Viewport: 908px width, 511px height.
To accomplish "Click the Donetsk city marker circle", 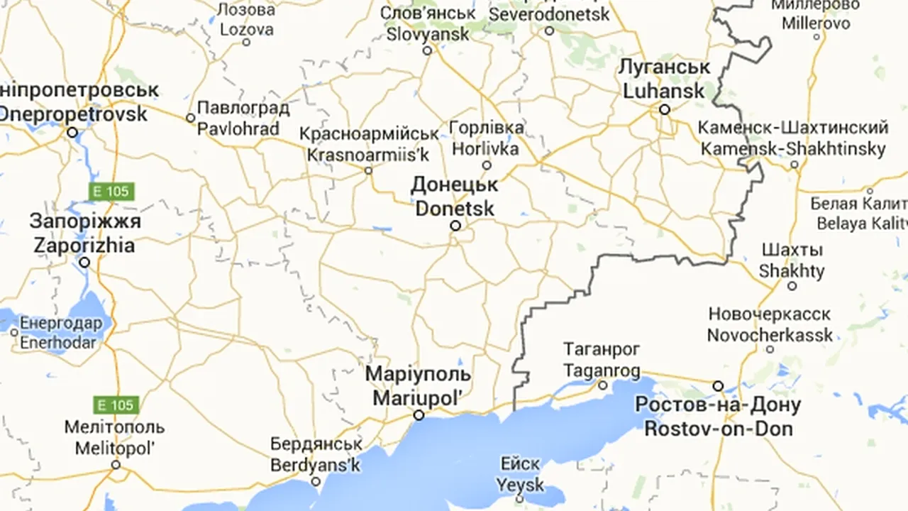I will click(x=455, y=226).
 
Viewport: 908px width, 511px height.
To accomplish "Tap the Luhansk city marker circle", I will click(x=665, y=109).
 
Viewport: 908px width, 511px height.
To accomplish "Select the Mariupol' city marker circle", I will click(x=419, y=415).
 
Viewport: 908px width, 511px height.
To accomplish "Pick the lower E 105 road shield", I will click(x=116, y=405).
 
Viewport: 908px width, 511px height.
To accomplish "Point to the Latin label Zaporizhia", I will click(x=84, y=246).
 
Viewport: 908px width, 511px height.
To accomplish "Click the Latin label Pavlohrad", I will click(x=238, y=129).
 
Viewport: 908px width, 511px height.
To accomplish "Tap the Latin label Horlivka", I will click(x=486, y=149).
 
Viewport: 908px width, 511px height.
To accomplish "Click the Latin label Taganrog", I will click(x=602, y=370).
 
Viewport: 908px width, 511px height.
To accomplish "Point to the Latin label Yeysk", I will click(x=520, y=485).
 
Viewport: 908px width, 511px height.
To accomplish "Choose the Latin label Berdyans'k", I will click(x=316, y=465).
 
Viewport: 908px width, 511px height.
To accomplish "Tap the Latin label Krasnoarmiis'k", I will click(x=368, y=153).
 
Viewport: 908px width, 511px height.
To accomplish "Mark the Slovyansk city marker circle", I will click(x=427, y=50).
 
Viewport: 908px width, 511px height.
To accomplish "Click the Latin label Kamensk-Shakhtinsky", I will click(x=793, y=149).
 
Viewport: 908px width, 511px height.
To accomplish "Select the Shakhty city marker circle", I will click(x=792, y=286).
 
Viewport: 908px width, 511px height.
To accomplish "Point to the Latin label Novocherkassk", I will click(x=770, y=334).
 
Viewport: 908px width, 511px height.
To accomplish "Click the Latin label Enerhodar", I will click(x=58, y=342).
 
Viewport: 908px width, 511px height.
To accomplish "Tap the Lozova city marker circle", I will click(x=246, y=42).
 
